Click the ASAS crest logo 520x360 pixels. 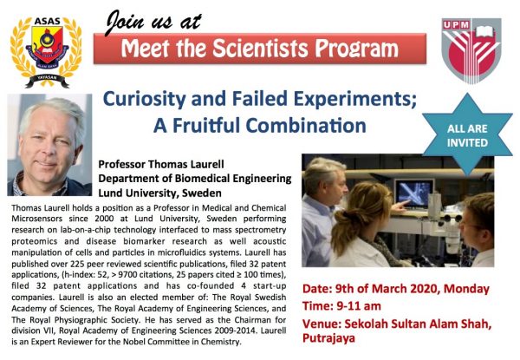click(x=46, y=51)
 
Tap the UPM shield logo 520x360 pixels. click(x=471, y=50)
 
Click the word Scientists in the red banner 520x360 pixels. click(x=260, y=49)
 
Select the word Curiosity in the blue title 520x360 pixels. click(x=145, y=99)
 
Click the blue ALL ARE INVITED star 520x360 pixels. click(x=467, y=134)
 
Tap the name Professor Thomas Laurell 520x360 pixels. click(x=161, y=164)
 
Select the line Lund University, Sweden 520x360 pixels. click(x=159, y=193)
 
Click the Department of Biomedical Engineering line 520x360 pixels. click(x=195, y=179)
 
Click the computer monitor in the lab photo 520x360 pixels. click(x=414, y=193)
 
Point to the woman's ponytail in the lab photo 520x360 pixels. click(x=342, y=229)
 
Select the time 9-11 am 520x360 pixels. click(x=359, y=306)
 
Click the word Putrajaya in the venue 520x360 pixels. click(x=328, y=338)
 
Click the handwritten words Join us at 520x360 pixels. click(x=153, y=22)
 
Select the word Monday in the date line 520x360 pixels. click(x=466, y=289)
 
